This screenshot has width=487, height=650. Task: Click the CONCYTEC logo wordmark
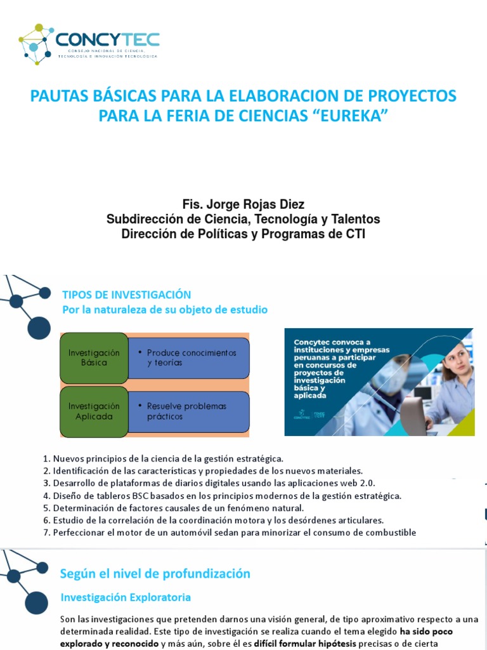click(x=107, y=40)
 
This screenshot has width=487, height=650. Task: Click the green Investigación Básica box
click(x=94, y=357)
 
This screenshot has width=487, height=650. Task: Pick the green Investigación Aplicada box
click(x=94, y=411)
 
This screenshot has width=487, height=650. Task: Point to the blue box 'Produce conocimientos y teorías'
click(x=189, y=357)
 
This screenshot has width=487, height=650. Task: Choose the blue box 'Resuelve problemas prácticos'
click(x=189, y=411)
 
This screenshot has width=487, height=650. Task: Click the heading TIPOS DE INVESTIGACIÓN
click(x=126, y=295)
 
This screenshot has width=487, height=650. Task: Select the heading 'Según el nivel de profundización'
click(x=155, y=574)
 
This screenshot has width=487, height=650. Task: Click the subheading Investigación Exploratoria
click(x=126, y=597)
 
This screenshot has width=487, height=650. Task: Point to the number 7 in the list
click(x=46, y=533)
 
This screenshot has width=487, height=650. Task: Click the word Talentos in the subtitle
click(x=357, y=219)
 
